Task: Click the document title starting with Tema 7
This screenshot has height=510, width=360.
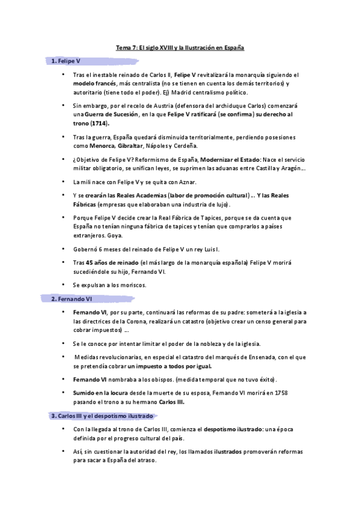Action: click(180, 47)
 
